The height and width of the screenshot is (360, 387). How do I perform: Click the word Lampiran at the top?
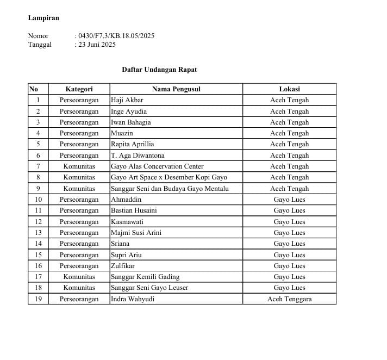pyautogui.click(x=43, y=18)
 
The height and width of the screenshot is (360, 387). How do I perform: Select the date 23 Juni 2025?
pyautogui.click(x=97, y=45)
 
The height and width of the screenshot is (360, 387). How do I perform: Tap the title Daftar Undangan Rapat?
pyautogui.click(x=159, y=70)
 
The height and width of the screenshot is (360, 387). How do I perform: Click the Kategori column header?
pyautogui.click(x=79, y=89)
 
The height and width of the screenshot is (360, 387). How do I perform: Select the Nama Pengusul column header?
pyautogui.click(x=176, y=89)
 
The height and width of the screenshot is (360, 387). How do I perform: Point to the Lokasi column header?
pyautogui.click(x=289, y=89)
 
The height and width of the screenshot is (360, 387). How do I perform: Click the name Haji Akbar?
pyautogui.click(x=127, y=100)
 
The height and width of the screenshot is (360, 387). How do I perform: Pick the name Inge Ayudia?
pyautogui.click(x=129, y=111)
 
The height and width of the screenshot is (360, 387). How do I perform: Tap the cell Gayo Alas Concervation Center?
pyautogui.click(x=157, y=166)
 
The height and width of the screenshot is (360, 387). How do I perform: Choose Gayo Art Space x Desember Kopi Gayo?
pyautogui.click(x=169, y=177)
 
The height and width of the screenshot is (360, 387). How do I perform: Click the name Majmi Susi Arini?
pyautogui.click(x=136, y=233)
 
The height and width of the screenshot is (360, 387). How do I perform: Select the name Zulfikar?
pyautogui.click(x=123, y=266)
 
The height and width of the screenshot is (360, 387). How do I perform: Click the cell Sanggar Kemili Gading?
pyautogui.click(x=145, y=277)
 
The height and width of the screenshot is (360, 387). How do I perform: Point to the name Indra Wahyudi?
pyautogui.click(x=133, y=299)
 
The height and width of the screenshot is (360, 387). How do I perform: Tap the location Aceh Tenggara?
pyautogui.click(x=289, y=299)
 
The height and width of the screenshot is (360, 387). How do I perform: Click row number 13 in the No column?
pyautogui.click(x=38, y=233)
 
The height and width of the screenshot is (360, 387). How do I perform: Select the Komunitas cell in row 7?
pyautogui.click(x=79, y=166)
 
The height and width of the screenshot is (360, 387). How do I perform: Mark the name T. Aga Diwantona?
pyautogui.click(x=138, y=156)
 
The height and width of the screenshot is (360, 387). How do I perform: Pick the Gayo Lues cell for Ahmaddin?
pyautogui.click(x=289, y=200)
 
